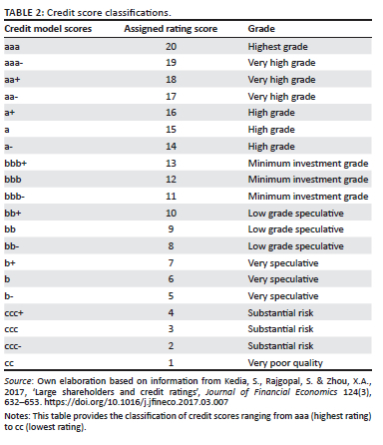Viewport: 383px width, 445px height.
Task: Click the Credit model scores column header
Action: (48, 29)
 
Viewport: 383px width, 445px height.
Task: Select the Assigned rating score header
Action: (171, 29)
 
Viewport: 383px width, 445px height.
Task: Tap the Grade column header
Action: (261, 29)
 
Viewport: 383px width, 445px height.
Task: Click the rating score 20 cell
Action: (171, 46)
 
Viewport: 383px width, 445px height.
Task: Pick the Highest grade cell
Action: (277, 47)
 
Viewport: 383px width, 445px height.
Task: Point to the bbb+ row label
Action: (15, 164)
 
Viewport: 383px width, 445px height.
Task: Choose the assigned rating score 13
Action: (171, 164)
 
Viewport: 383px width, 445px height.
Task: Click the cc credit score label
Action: (9, 363)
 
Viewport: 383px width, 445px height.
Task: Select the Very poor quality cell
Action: (285, 363)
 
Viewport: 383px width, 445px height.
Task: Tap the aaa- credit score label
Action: (14, 63)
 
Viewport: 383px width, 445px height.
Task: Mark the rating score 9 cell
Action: (171, 229)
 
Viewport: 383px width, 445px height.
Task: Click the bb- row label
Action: (12, 246)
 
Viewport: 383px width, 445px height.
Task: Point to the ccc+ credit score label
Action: (14, 313)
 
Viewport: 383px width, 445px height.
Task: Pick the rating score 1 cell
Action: (171, 362)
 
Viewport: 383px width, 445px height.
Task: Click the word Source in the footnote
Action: (18, 381)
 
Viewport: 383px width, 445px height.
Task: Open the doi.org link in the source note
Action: (137, 402)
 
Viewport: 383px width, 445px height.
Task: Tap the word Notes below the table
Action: (17, 416)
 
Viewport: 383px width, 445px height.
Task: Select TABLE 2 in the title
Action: (23, 13)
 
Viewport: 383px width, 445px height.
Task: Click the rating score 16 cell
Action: (171, 113)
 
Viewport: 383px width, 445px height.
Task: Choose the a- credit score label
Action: (9, 147)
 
